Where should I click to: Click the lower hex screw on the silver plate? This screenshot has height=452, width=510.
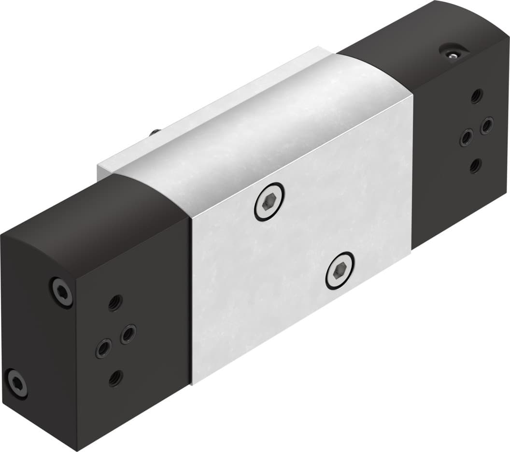[340, 271]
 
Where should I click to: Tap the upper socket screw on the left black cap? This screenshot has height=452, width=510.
[61, 291]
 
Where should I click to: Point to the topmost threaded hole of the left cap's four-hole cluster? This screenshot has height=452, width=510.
[114, 303]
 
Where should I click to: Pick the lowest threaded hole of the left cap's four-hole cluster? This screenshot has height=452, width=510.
[115, 378]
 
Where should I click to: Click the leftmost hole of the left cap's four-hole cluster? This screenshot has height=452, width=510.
[103, 348]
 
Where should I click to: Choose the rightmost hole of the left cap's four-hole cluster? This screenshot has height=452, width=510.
[128, 333]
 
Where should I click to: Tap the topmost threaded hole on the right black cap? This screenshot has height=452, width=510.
[477, 95]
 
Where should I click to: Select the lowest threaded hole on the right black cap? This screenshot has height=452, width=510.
[475, 166]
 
